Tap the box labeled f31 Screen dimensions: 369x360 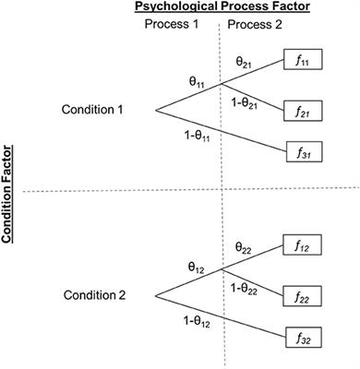click(305, 151)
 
